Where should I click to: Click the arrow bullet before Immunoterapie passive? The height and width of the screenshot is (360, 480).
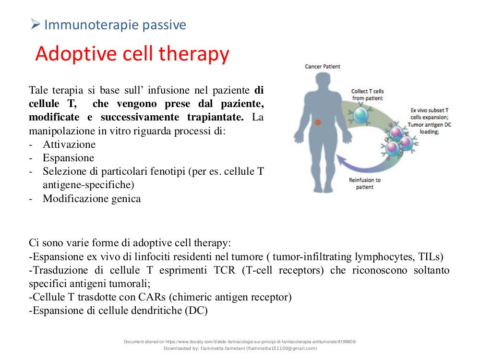tap(36, 24)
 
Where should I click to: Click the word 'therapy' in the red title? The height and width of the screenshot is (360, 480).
tap(194, 54)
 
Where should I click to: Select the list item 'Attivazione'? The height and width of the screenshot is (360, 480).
tap(69, 144)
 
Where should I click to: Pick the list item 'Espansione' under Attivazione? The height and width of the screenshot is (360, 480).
tap(69, 157)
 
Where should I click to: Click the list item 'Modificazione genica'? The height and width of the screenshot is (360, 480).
tap(92, 199)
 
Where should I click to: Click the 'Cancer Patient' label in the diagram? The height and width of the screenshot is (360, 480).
tap(323, 66)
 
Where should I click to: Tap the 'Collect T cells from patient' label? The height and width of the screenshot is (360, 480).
tap(367, 95)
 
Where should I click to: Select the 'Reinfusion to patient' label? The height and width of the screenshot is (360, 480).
tap(365, 183)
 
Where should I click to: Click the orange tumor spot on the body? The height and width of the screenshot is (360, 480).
tap(318, 122)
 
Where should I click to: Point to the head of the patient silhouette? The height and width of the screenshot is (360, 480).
tap(323, 82)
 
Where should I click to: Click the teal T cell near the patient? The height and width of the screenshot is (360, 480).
tap(361, 115)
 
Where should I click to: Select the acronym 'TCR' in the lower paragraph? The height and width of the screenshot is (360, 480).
tap(225, 270)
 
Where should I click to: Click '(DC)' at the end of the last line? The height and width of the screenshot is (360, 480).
tap(196, 311)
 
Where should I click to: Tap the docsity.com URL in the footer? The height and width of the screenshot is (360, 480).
tap(261, 342)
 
